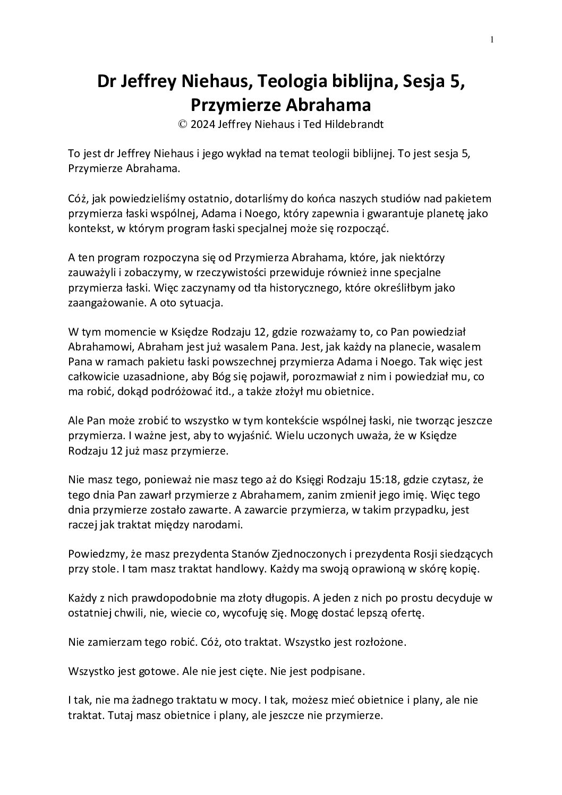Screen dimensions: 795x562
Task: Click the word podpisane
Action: click(x=338, y=671)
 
